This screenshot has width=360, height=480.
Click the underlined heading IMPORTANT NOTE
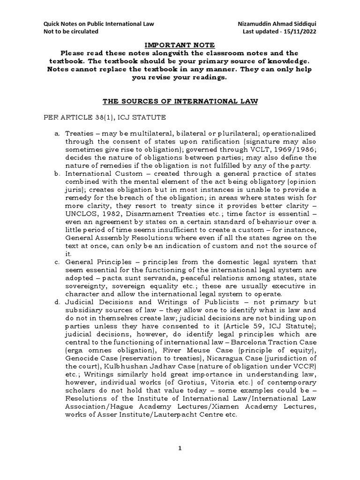[179, 45]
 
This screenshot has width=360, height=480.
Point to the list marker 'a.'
[57, 134]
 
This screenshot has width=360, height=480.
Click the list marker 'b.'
[57, 173]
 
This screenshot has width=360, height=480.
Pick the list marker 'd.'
[57, 301]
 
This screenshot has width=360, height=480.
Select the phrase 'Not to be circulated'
[71, 31]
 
